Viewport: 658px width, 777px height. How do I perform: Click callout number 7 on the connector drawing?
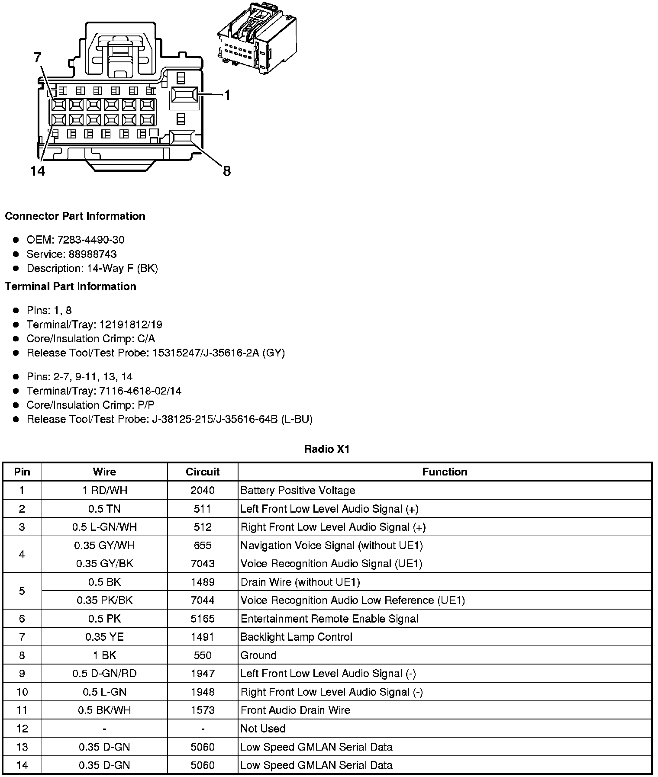[38, 58]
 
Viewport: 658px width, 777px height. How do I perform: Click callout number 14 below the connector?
[38, 171]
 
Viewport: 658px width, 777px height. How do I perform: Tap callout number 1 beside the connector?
[227, 95]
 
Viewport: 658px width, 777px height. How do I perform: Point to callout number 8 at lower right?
[226, 171]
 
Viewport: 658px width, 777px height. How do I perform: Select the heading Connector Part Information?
[75, 216]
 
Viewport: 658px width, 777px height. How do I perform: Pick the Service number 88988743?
[93, 254]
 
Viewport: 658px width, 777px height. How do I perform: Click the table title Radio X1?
[327, 449]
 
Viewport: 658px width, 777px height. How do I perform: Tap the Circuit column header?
[203, 472]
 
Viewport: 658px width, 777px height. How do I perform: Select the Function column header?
[445, 472]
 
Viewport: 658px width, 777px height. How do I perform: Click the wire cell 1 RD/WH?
[104, 491]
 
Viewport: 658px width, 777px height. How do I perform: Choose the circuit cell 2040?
[203, 491]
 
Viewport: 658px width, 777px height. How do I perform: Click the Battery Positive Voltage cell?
[298, 491]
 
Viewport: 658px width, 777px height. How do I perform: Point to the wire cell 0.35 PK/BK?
[104, 600]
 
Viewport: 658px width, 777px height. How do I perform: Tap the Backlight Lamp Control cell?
[297, 637]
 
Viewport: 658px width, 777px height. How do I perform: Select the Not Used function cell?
[263, 729]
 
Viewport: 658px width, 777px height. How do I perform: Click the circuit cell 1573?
[203, 710]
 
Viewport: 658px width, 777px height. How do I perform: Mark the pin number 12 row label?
[22, 729]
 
